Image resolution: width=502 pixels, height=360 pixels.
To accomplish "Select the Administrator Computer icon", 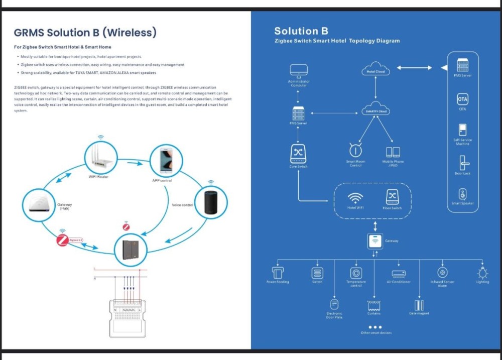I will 299,71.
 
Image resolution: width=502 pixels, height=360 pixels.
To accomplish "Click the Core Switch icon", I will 299,153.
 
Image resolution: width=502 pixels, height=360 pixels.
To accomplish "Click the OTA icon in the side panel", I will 462,98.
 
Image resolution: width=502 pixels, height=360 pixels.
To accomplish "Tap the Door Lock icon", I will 462,162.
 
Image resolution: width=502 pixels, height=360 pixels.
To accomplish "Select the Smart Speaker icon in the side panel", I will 462,193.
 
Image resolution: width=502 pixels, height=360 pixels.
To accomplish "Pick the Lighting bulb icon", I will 482,273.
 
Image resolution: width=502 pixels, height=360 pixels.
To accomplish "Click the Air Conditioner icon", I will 399,273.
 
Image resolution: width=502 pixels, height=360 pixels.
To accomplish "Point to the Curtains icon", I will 373,305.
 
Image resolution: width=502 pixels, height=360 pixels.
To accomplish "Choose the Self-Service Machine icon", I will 462,130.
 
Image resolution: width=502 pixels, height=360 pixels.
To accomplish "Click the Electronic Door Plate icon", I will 334,304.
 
